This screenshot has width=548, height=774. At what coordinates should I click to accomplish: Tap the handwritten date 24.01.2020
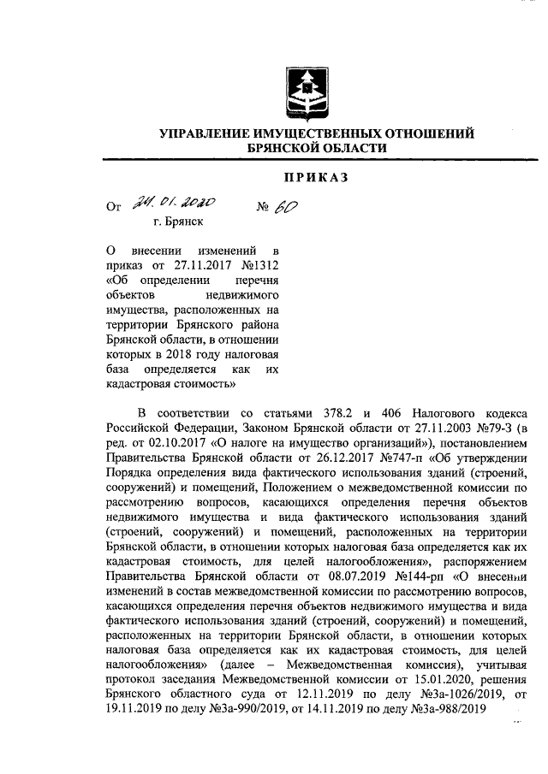pos(174,204)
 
